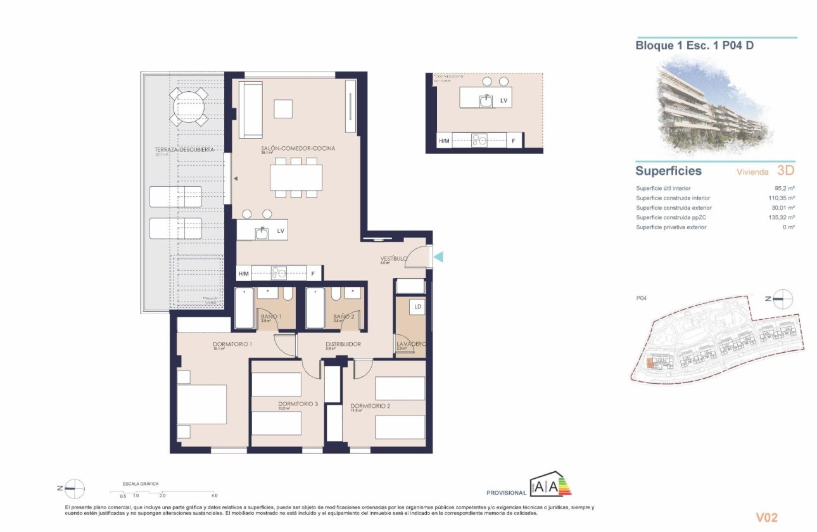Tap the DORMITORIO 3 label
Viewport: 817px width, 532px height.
298,403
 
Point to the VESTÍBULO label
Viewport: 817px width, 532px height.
393,258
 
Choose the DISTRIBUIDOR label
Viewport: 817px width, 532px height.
343,344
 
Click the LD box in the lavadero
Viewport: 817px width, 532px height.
417,307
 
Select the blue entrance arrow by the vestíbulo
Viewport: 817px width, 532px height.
439,256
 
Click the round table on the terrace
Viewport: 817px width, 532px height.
188,106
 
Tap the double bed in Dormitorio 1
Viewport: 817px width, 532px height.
202,405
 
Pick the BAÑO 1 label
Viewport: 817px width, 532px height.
271,316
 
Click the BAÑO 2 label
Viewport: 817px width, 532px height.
343,316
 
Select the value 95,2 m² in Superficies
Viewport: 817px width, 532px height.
784,189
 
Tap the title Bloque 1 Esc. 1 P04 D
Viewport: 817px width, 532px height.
694,46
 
